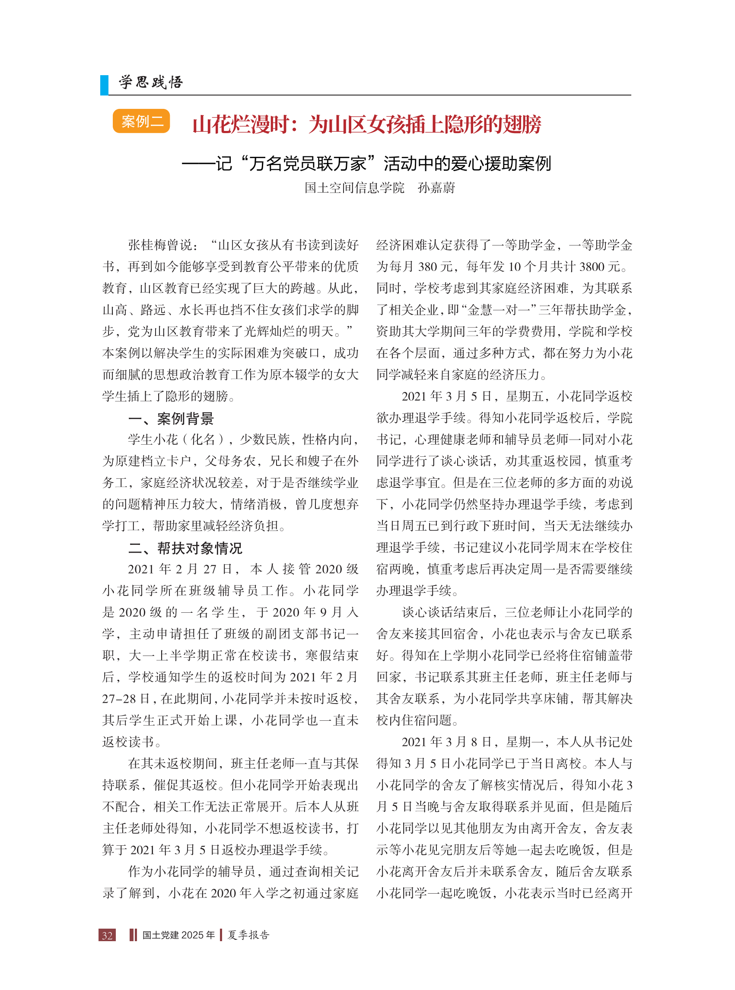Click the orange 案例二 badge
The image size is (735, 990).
pos(141,121)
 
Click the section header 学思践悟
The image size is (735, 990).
pos(151,82)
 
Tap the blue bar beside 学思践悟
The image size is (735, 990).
pos(104,85)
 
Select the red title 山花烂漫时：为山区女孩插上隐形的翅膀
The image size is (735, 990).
pos(366,124)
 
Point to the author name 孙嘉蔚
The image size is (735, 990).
pos(436,188)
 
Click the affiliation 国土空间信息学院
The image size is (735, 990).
pos(354,188)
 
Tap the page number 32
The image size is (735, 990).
pos(107,935)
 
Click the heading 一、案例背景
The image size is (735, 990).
pos(171,418)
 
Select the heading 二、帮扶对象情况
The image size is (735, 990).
pos(185,548)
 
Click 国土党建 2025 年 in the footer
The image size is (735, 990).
pos(178,935)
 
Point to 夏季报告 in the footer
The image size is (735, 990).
pos(248,935)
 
